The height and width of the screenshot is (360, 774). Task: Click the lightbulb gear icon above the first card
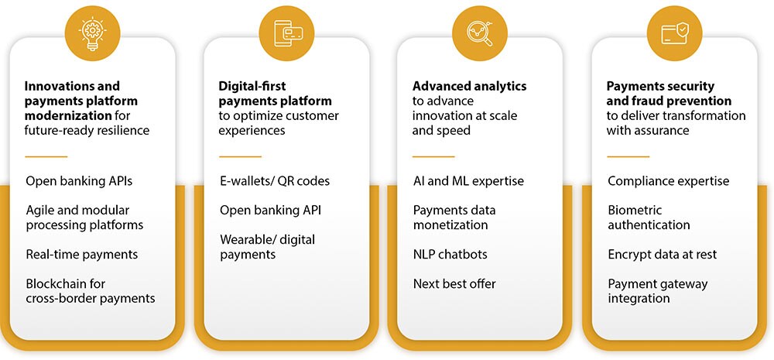coord(93,32)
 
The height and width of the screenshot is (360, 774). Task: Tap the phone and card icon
coord(286,32)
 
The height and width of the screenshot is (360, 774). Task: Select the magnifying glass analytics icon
coord(480,32)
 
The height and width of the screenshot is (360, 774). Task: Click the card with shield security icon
coord(675,32)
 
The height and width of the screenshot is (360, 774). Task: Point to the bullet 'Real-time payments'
coord(81,254)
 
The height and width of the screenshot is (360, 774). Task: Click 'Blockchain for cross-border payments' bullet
coord(91,290)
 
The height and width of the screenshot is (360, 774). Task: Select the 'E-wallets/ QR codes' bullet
coord(275,181)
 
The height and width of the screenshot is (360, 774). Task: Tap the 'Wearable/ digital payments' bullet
coord(267,246)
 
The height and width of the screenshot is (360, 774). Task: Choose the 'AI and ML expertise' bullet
coord(468,181)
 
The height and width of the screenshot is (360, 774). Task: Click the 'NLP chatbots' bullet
coord(450,254)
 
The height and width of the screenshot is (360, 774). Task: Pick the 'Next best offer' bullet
coord(454,283)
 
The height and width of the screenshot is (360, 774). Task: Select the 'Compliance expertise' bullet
coord(668,181)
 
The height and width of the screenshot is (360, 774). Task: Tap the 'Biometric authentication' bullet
coord(649,217)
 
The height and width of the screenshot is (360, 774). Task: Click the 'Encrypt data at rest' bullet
coord(662,254)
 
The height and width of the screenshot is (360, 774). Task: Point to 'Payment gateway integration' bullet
coord(657,290)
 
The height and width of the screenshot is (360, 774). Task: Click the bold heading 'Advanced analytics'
coord(469,86)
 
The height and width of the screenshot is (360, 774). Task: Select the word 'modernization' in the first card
coord(68,115)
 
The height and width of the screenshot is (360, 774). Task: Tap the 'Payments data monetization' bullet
coord(454,217)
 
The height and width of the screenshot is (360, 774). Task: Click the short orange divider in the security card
coord(628,156)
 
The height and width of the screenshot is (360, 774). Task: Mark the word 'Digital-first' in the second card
coord(252,86)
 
